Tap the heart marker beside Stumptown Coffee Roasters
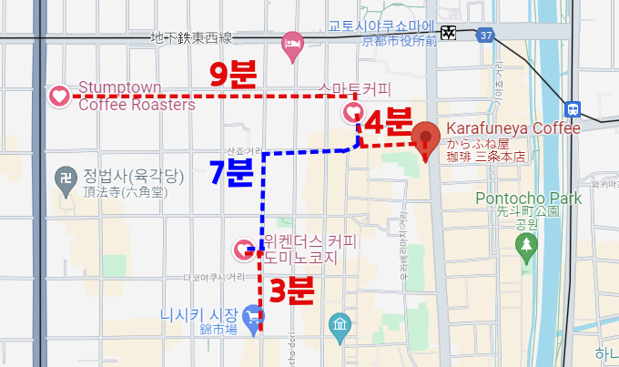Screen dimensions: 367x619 point(59,95)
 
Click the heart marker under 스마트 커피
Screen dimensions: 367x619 point(352,111)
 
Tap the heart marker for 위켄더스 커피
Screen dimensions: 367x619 point(244,247)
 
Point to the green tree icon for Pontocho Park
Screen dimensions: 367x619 point(526,244)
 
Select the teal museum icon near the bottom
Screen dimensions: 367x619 point(340,326)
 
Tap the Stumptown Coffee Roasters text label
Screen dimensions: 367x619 point(137,96)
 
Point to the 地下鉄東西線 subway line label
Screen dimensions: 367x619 point(192,38)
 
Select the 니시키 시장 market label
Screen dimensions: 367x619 point(199,312)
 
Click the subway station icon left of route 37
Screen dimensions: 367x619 point(449,33)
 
